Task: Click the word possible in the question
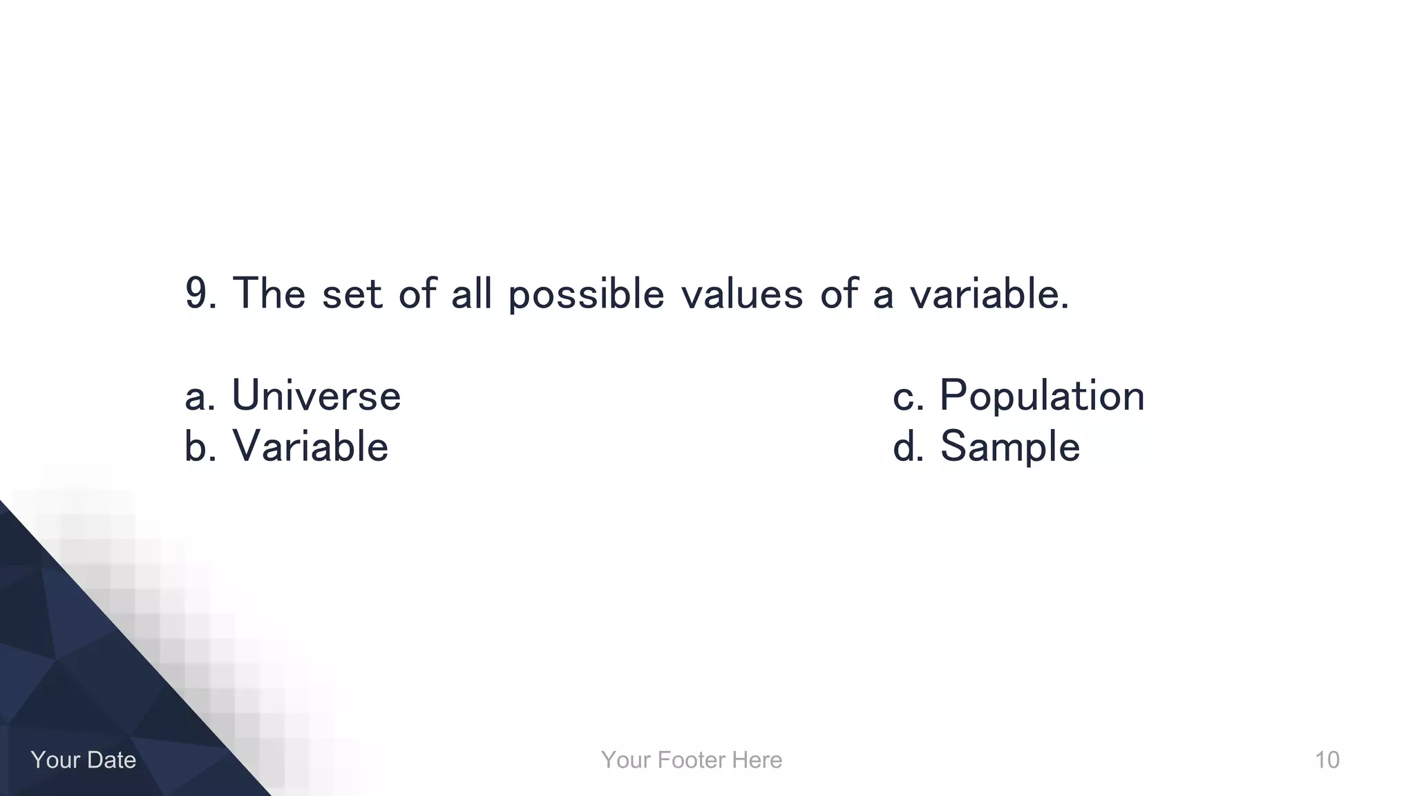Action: pos(586,294)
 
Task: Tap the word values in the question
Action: pos(742,293)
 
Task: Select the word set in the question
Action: pos(352,293)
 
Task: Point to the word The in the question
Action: pos(269,293)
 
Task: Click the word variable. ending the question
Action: pos(989,293)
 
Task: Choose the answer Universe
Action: pos(316,395)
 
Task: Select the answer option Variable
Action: pos(310,446)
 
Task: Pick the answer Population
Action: pos(1042,397)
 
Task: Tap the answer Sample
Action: pos(1009,446)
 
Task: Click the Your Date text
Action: pos(83,759)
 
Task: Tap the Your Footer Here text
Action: pos(691,759)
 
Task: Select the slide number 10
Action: pos(1327,759)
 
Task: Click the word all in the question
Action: pos(472,293)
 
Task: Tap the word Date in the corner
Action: pos(110,759)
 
